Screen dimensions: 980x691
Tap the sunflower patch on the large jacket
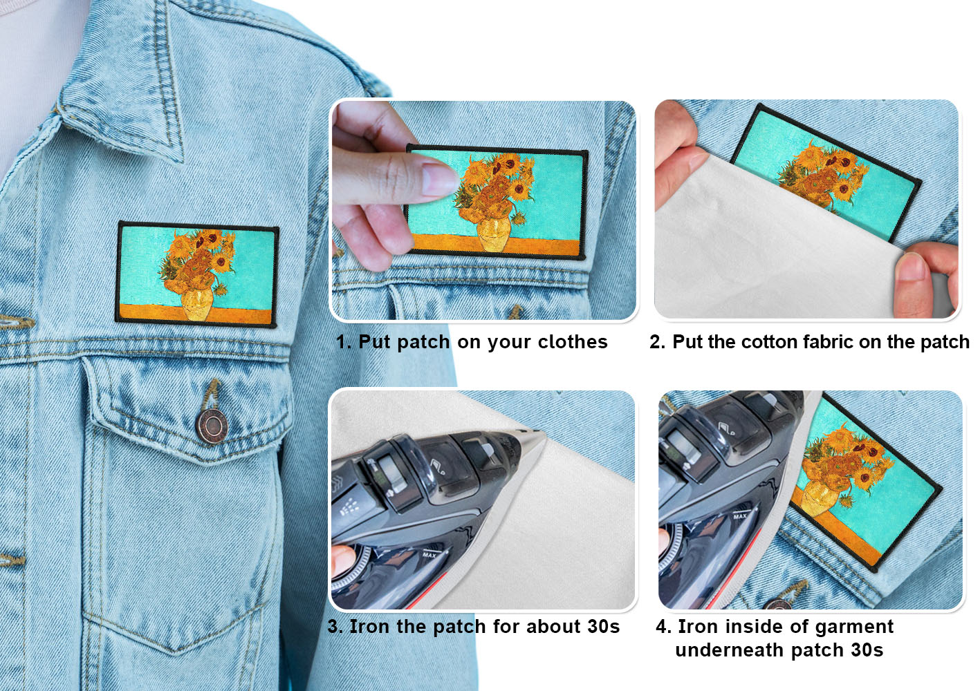(x=197, y=274)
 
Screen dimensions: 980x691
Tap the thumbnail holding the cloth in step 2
(x=913, y=267)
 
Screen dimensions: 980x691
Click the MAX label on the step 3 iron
(x=429, y=555)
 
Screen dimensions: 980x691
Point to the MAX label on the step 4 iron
(x=740, y=516)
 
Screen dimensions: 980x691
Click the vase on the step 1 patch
(x=494, y=235)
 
